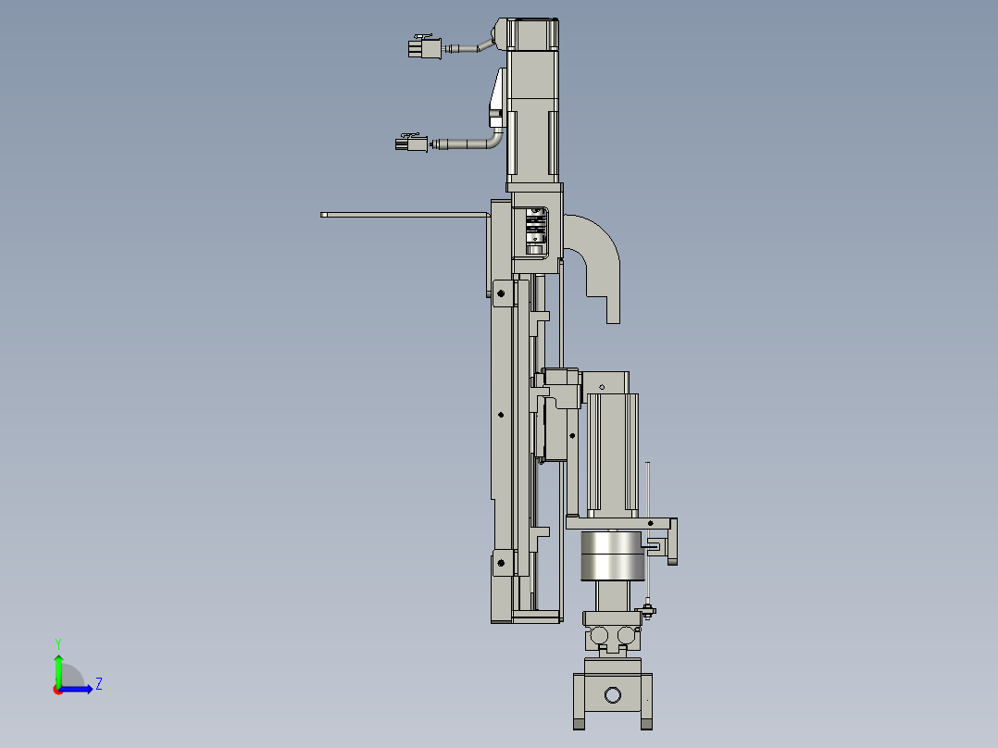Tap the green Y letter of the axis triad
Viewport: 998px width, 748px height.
point(57,642)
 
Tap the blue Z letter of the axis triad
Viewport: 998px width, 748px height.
point(98,684)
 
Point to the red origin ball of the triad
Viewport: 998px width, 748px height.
point(58,689)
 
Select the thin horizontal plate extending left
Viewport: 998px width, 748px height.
point(403,215)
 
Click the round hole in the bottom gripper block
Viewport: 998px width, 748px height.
point(613,695)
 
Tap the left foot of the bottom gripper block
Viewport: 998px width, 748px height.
point(580,722)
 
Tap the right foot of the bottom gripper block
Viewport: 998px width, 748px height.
point(647,722)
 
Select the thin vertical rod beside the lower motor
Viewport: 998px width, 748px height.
point(650,528)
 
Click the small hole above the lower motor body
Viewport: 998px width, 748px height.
point(602,386)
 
